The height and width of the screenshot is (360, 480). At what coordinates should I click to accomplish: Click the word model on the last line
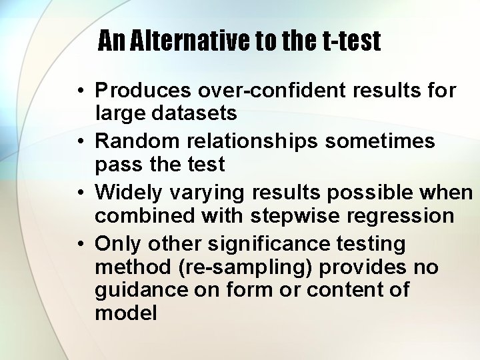[x=126, y=313]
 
